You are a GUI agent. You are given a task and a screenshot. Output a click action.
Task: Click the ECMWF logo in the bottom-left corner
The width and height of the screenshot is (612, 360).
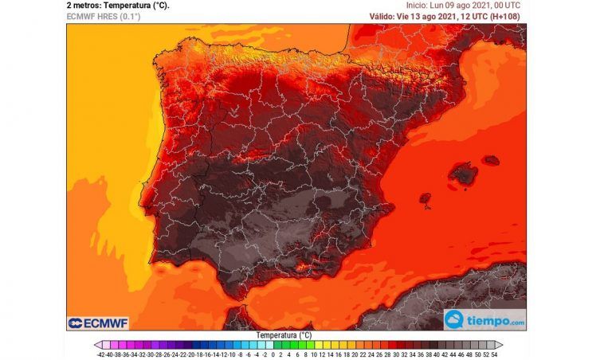(98, 323)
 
